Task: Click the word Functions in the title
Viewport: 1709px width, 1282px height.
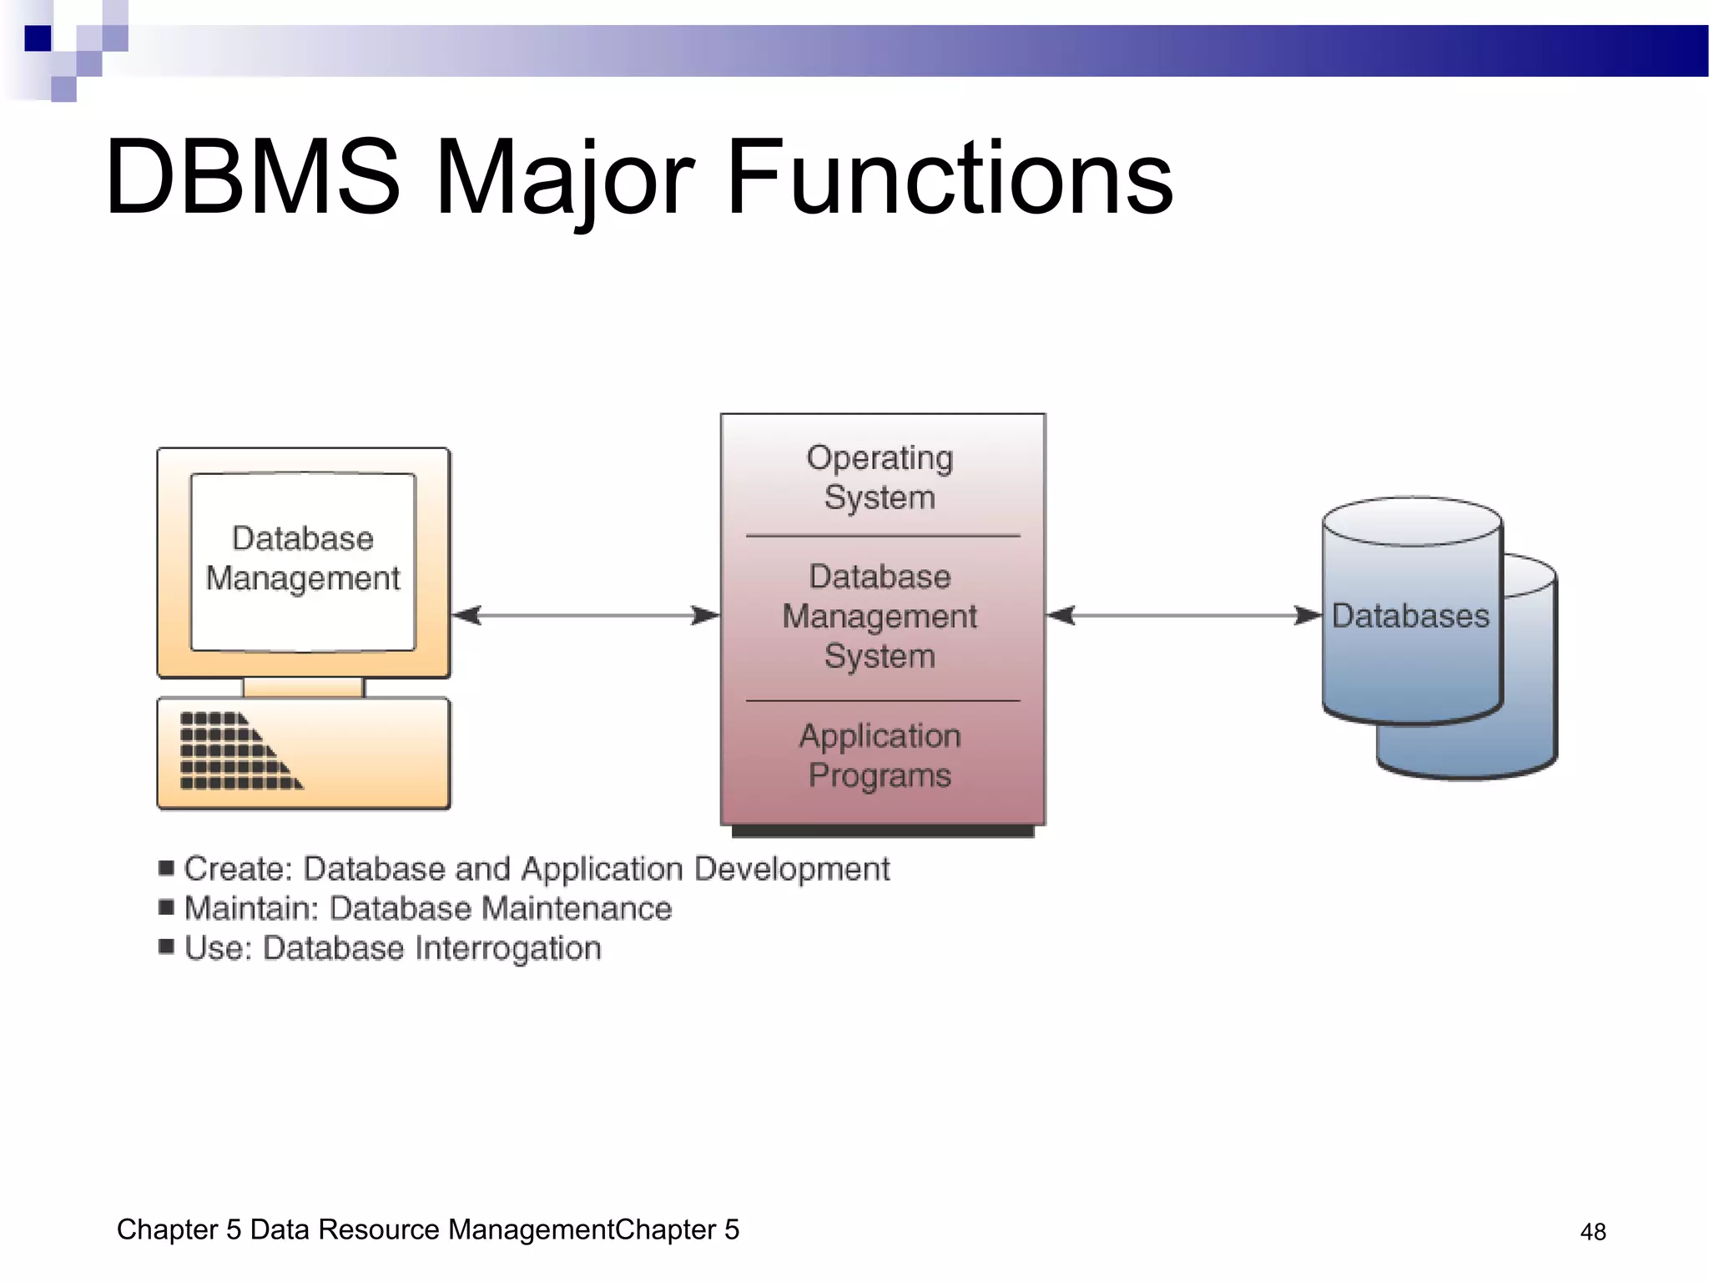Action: pyautogui.click(x=950, y=177)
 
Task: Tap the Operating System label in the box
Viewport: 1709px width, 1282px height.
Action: pyautogui.click(x=880, y=477)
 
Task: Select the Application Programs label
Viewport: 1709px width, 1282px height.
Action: pyautogui.click(x=880, y=755)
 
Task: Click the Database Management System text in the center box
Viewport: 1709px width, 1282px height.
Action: pyautogui.click(x=880, y=616)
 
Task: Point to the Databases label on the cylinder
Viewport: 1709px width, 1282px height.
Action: pyautogui.click(x=1410, y=616)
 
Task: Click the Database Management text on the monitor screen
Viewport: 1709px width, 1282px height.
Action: pyautogui.click(x=303, y=558)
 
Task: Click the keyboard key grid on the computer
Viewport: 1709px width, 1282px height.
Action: pyautogui.click(x=234, y=751)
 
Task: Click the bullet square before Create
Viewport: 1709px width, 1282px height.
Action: pyautogui.click(x=166, y=868)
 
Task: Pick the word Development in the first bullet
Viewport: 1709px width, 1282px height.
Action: pyautogui.click(x=792, y=869)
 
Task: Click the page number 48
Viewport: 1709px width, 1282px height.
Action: pyautogui.click(x=1592, y=1232)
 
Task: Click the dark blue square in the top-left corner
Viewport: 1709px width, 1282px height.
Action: pyautogui.click(x=38, y=38)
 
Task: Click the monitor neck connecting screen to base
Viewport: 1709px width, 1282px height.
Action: pyautogui.click(x=303, y=688)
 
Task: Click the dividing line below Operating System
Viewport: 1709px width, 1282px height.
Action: pyautogui.click(x=882, y=536)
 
